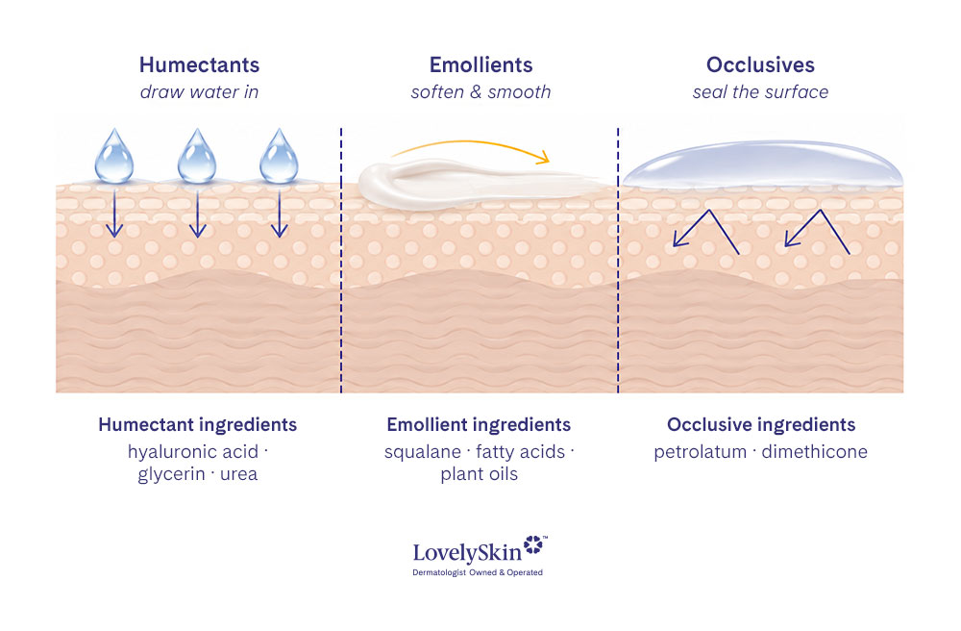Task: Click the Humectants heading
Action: (199, 65)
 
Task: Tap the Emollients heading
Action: (481, 65)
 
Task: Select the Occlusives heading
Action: (760, 65)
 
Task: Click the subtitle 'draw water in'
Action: (199, 92)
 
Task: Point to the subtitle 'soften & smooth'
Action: (481, 92)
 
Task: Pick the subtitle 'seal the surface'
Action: (760, 92)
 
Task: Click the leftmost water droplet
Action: (114, 157)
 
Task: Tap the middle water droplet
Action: (197, 157)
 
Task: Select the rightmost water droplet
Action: (279, 157)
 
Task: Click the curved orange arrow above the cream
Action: (472, 142)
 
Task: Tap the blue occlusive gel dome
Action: (762, 164)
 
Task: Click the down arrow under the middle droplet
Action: (197, 213)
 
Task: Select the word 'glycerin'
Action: (171, 474)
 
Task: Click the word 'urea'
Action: (238, 474)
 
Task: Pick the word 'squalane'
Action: (422, 452)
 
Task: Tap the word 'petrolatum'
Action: (700, 452)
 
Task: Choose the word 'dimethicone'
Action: (815, 452)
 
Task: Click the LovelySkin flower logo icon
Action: (533, 544)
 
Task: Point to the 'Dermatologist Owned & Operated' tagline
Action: (478, 572)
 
